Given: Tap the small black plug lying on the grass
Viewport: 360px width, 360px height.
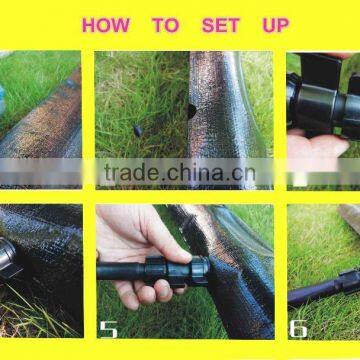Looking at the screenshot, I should [x=136, y=130].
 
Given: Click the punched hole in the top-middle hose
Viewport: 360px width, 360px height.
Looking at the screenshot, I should [x=191, y=111].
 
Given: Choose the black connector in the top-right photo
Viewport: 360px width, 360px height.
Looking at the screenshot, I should [x=320, y=95].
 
